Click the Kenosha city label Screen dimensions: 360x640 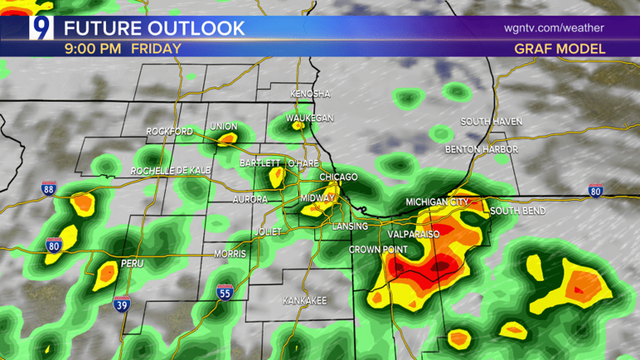[310, 93]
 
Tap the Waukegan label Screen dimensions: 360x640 [310, 118]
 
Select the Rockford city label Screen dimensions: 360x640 [169, 132]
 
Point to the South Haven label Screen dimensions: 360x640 [492, 122]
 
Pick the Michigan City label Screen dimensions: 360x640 [438, 202]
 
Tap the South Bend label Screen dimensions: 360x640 [517, 211]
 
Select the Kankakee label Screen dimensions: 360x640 [304, 299]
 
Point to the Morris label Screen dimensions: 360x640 [230, 253]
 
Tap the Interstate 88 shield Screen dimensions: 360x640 [50, 188]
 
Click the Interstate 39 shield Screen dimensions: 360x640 [122, 305]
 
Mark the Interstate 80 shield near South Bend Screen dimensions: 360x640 [596, 191]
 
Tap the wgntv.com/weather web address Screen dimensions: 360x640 [554, 27]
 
